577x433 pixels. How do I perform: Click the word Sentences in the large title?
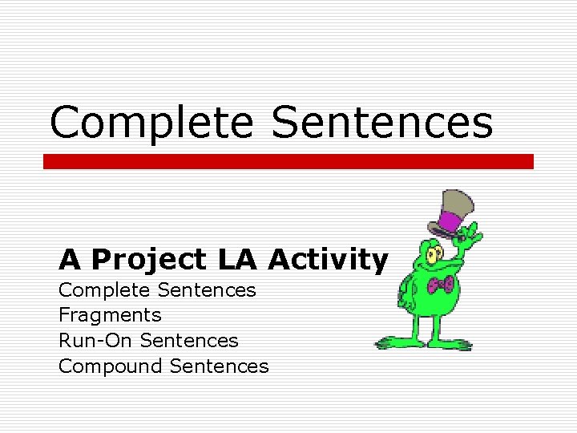pos(382,123)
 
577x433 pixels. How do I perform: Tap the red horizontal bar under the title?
pos(288,161)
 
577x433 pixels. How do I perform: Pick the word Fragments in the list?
pos(110,315)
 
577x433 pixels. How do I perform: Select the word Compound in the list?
pos(111,366)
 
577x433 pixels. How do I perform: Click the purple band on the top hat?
pos(456,221)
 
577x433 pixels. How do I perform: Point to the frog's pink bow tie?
pos(441,284)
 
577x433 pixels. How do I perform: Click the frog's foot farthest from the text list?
pos(457,345)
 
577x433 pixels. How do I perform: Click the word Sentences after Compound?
pos(219,366)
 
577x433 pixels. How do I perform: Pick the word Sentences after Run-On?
pos(189,341)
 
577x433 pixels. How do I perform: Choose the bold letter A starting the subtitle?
pos(70,260)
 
